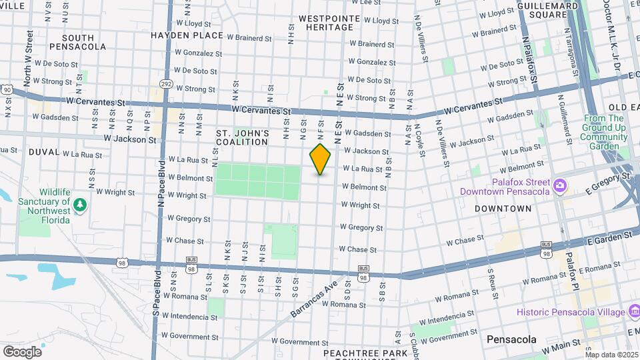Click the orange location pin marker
click(x=320, y=159)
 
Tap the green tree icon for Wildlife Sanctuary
click(x=81, y=203)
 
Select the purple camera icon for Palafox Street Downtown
click(x=560, y=184)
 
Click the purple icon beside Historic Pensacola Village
click(x=633, y=312)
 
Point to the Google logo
click(x=22, y=351)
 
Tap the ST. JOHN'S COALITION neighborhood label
click(x=243, y=137)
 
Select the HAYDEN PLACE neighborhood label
click(x=187, y=35)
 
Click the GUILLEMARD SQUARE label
click(x=551, y=9)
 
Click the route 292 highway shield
click(x=167, y=83)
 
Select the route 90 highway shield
click(x=6, y=89)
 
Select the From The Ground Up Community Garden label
click(x=603, y=132)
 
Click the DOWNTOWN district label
click(x=503, y=209)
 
